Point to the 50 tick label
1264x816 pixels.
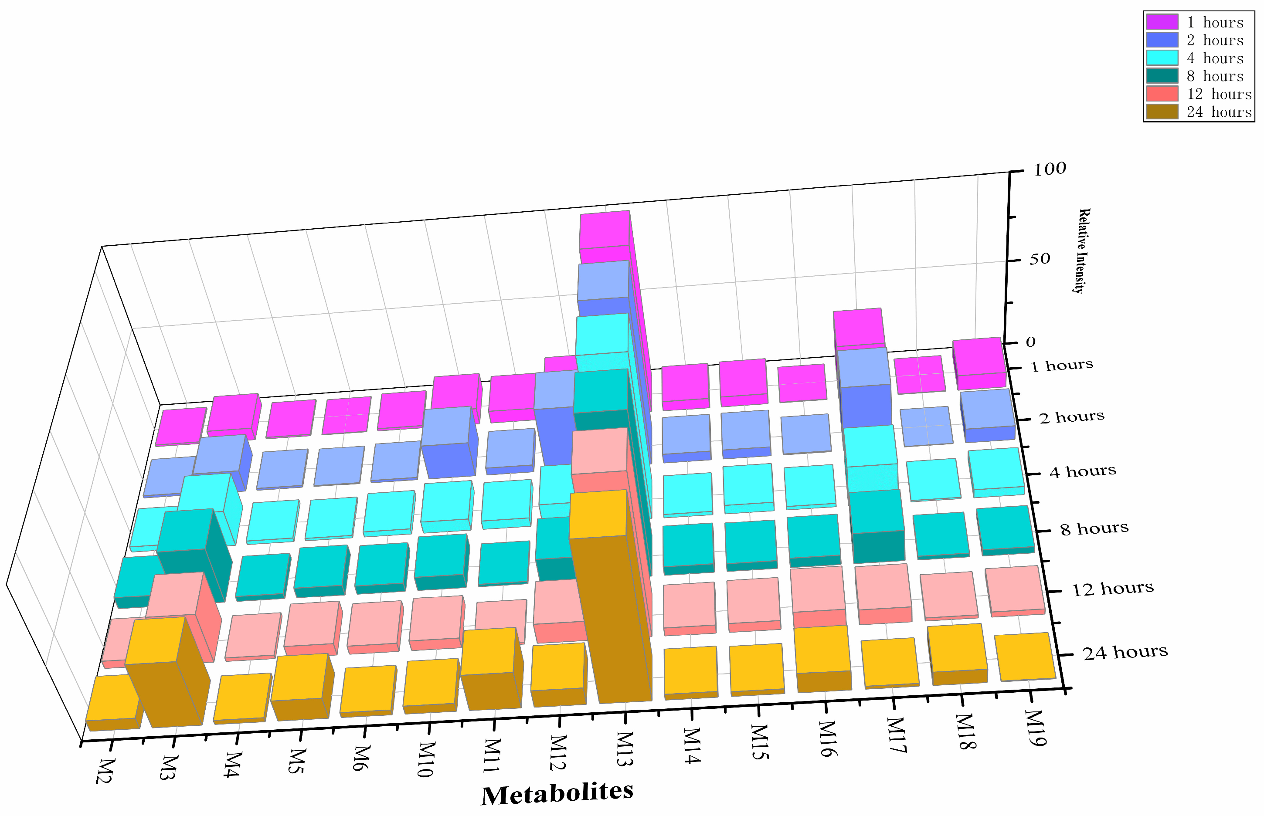point(1039,259)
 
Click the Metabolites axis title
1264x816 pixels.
point(557,793)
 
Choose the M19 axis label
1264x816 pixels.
point(1036,728)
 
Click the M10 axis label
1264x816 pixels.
point(427,759)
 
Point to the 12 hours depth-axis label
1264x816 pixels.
point(1113,589)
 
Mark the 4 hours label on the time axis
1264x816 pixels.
point(1083,471)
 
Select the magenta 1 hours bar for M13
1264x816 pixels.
point(604,230)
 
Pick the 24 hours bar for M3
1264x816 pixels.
point(164,689)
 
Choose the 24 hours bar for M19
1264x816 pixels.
point(1026,657)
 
